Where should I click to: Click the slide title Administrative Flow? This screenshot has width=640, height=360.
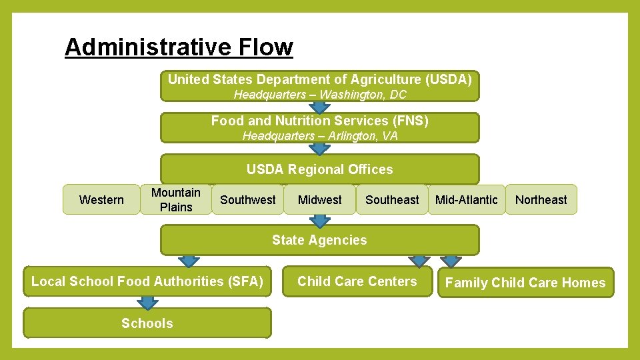tap(179, 47)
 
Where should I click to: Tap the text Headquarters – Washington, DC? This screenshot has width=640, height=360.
tap(319, 95)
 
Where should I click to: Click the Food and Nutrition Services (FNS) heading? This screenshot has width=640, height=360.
tap(319, 121)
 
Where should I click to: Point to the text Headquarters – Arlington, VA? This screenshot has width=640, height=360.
tap(319, 136)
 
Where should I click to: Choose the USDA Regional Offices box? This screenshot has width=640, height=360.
tap(319, 169)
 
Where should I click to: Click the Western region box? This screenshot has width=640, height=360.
tap(101, 199)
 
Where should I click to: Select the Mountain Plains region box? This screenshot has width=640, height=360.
tap(176, 199)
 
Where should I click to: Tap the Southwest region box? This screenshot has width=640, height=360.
tap(247, 199)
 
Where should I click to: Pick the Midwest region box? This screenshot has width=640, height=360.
tap(319, 199)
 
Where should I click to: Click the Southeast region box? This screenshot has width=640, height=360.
tap(392, 199)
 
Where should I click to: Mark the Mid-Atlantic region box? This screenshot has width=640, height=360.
tap(466, 199)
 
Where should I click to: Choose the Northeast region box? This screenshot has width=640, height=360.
tap(541, 199)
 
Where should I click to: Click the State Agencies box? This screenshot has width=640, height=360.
tap(319, 240)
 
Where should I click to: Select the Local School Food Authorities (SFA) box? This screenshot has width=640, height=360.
tap(147, 281)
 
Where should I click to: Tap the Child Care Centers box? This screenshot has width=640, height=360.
tap(357, 281)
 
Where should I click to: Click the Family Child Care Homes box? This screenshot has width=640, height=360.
tap(525, 283)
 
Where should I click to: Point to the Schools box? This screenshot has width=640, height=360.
tap(147, 323)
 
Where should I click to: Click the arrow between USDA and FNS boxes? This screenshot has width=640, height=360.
tap(320, 107)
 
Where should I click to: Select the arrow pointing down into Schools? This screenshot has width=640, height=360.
tap(147, 303)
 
